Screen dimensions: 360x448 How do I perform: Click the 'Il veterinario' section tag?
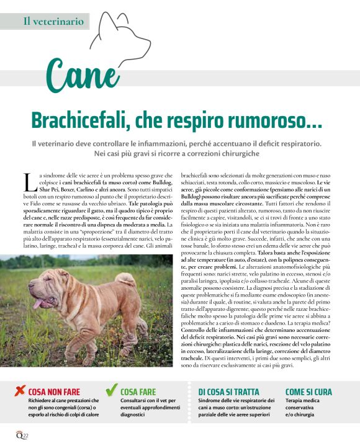tap(53, 21)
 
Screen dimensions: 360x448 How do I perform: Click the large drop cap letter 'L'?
tap(28, 182)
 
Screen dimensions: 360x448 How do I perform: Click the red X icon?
tap(19, 391)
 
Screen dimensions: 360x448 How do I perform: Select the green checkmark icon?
tap(111, 390)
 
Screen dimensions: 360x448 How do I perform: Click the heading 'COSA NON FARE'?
tap(55, 392)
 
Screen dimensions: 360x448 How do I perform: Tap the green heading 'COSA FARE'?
tap(138, 392)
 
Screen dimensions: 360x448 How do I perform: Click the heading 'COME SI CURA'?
tap(308, 392)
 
